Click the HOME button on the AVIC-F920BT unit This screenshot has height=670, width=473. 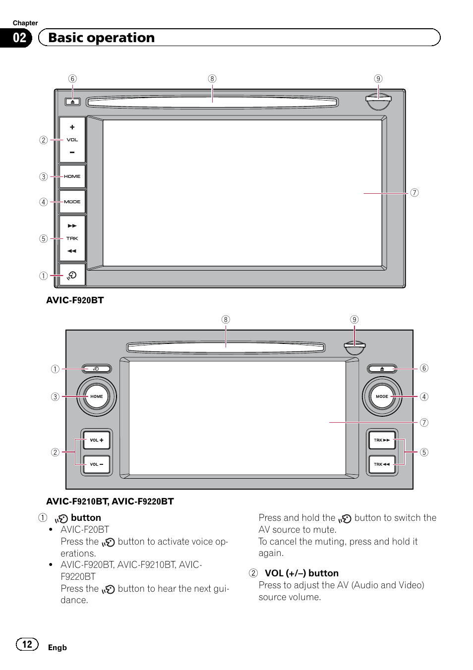pyautogui.click(x=72, y=176)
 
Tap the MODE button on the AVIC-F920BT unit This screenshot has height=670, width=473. pyautogui.click(x=72, y=202)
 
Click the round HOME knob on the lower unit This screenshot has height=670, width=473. pyautogui.click(x=97, y=396)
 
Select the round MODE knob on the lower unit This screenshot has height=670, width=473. pyautogui.click(x=382, y=396)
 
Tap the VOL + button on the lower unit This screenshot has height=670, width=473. pyautogui.click(x=97, y=440)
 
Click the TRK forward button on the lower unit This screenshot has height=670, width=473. pyautogui.click(x=382, y=440)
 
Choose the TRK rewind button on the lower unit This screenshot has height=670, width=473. pyautogui.click(x=382, y=464)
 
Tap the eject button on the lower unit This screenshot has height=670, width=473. pyautogui.click(x=382, y=369)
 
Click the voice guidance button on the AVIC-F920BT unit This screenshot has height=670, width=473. pyautogui.click(x=72, y=275)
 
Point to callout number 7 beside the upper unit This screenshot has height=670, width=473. pyautogui.click(x=414, y=193)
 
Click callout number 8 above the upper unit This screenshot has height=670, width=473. pyautogui.click(x=212, y=79)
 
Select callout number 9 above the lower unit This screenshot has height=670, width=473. pyautogui.click(x=354, y=320)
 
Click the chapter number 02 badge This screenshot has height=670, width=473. pyautogui.click(x=19, y=38)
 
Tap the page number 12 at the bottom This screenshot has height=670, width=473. pyautogui.click(x=27, y=644)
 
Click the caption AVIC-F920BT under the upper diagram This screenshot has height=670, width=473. pyautogui.click(x=75, y=300)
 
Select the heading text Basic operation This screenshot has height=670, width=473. pyautogui.click(x=102, y=38)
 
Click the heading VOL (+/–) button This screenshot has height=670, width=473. pyautogui.click(x=301, y=573)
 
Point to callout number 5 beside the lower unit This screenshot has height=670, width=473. pyautogui.click(x=424, y=452)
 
